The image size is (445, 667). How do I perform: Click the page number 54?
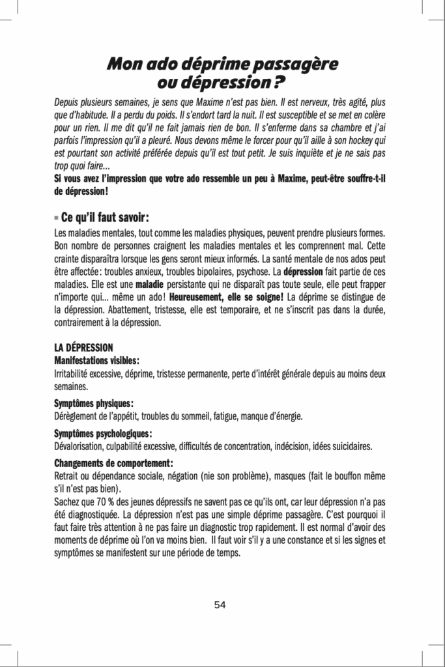tap(220, 604)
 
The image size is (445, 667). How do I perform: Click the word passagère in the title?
tap(297, 65)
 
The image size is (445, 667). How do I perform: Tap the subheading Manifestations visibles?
tap(96, 360)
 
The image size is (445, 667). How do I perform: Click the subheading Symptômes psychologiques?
tap(102, 434)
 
